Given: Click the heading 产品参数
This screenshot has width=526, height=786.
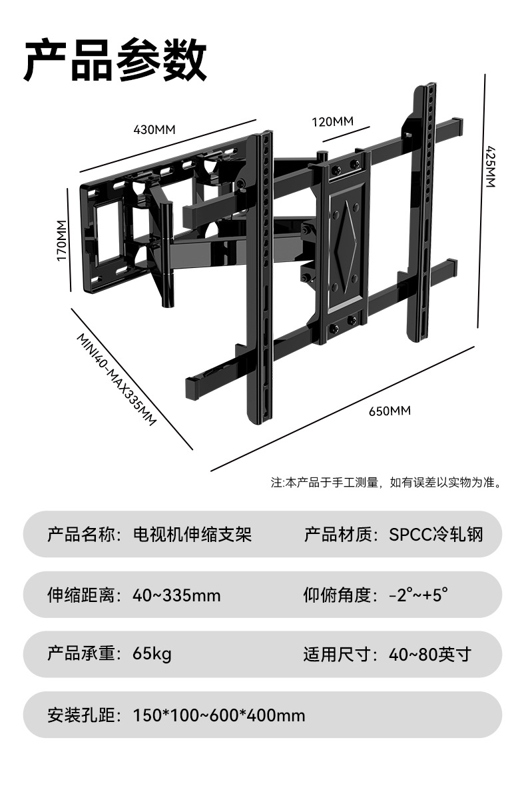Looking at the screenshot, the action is coord(115,61).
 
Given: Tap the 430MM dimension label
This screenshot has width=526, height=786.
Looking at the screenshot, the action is coord(154,129).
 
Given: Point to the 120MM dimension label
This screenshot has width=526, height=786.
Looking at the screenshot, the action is coord(332,121).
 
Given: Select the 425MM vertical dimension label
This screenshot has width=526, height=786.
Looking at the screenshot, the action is coord(491,166).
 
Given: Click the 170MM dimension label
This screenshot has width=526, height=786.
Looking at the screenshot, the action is coord(61,240).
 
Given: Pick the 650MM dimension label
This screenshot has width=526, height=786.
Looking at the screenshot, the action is coord(390,411).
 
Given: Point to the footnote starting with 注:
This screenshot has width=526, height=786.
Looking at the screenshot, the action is coord(386,482).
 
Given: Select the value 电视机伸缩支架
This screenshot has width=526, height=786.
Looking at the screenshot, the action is coord(192,534).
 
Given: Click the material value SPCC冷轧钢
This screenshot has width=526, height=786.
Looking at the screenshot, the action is coord(436,534).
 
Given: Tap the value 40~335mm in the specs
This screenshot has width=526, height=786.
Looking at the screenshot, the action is coord(176,595).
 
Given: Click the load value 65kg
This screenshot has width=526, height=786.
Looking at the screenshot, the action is coord(152,654).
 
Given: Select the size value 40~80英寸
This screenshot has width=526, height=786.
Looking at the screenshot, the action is coord(429,654).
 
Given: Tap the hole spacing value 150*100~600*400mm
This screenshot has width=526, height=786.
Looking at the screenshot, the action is coord(219,715).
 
